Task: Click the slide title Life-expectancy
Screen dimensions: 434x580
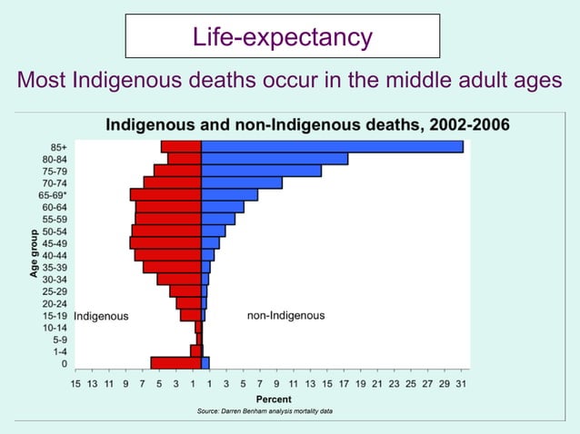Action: (x=282, y=36)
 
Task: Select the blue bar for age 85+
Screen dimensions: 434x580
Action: (x=332, y=146)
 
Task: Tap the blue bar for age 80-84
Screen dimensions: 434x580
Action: (x=274, y=159)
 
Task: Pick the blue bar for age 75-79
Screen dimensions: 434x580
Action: (x=261, y=171)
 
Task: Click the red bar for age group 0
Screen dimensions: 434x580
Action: (x=175, y=363)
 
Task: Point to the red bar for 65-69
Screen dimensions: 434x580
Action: (x=165, y=194)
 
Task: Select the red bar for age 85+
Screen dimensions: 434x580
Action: (x=181, y=146)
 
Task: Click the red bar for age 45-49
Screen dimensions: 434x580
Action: (x=165, y=242)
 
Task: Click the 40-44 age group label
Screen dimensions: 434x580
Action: (x=55, y=255)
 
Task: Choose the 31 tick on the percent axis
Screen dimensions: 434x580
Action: (x=461, y=384)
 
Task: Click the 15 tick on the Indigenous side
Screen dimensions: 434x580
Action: (x=75, y=384)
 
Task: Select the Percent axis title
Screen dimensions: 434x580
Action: (x=274, y=399)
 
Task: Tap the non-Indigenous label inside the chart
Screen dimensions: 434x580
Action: (x=285, y=316)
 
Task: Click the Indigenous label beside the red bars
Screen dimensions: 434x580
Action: (x=101, y=316)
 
